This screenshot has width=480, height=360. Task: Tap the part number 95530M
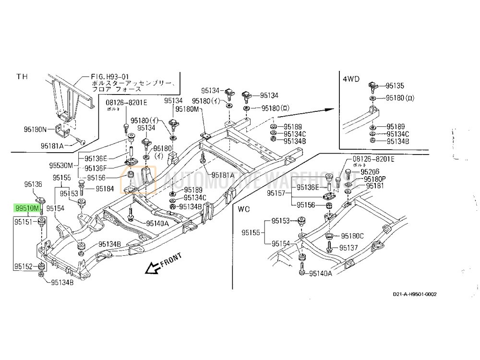(x=60, y=166)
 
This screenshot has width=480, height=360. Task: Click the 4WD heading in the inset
(x=350, y=79)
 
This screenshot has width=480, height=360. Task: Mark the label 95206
(x=370, y=171)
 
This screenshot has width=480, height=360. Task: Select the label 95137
(x=349, y=248)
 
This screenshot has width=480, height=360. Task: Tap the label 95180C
(x=352, y=236)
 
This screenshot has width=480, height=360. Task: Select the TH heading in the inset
(x=23, y=76)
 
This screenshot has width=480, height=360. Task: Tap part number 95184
(x=105, y=189)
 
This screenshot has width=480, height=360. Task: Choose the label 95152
(x=23, y=266)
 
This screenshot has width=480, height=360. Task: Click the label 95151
(x=23, y=222)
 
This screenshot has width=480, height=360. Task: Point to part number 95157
(x=277, y=194)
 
